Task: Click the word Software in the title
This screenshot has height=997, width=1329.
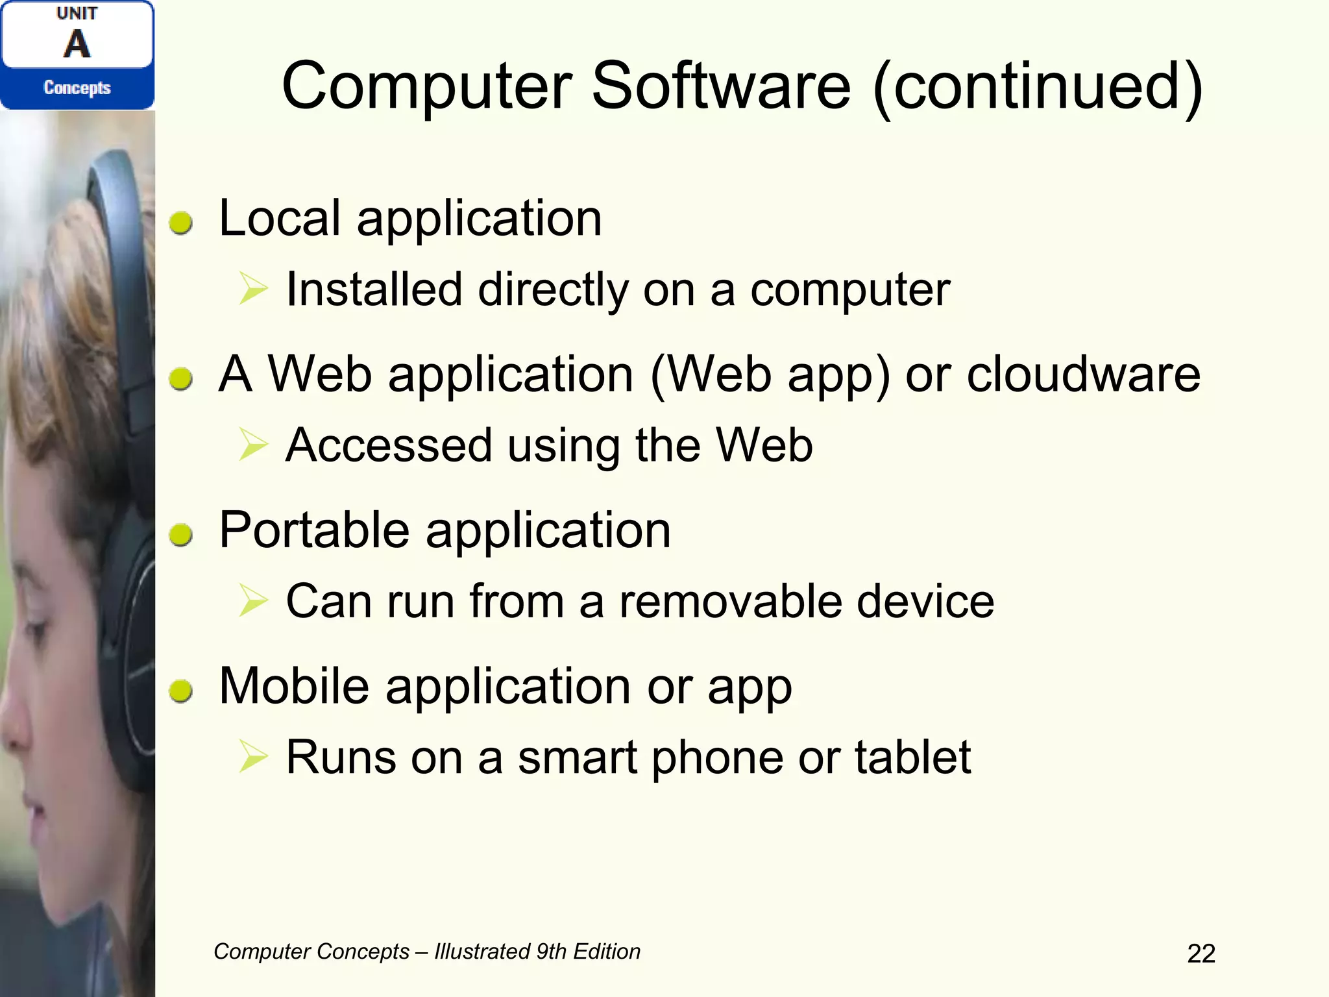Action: pos(720,86)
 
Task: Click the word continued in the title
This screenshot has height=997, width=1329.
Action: pos(1038,86)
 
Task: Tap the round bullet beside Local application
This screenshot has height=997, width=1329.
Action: pos(181,223)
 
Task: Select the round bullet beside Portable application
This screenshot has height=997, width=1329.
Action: pos(181,535)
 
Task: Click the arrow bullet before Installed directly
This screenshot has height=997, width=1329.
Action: pos(253,289)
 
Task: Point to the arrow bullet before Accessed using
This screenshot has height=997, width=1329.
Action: pos(253,445)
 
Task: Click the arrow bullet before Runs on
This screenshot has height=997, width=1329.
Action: pos(253,757)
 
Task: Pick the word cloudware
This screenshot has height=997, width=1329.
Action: pos(1083,375)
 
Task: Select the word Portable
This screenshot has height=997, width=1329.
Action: pos(315,531)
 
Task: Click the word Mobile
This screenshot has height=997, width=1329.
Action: pos(294,686)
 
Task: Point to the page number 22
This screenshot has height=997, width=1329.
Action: pos(1201,954)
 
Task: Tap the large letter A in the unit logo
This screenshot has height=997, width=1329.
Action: pos(77,44)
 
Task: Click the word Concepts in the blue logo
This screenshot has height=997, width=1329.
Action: pos(77,88)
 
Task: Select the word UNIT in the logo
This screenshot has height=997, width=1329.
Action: pos(77,14)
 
